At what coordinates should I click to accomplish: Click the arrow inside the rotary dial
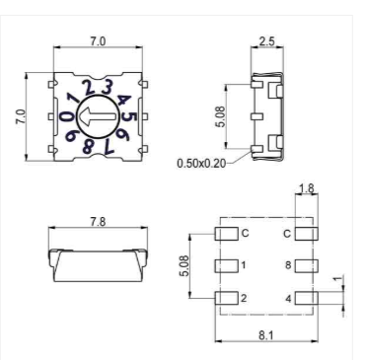pos(98,117)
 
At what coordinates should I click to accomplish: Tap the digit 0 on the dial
pos(66,116)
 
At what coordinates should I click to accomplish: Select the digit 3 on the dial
pos(107,87)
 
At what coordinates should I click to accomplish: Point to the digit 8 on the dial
pos(88,146)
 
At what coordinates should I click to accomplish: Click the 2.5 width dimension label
pos(266,41)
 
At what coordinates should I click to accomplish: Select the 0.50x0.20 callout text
pos(201,163)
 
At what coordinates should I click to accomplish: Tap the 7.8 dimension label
pos(98,222)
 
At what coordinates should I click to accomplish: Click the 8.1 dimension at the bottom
pos(266,335)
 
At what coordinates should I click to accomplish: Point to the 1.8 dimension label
pos(307,188)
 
